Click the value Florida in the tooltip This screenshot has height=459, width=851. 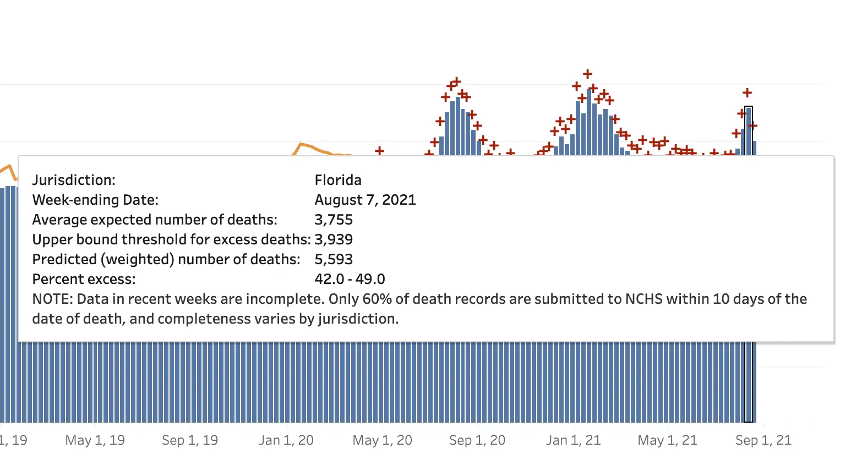338,180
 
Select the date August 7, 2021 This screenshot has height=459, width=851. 365,200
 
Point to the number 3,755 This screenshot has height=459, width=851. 334,220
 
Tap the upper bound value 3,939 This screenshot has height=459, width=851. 334,239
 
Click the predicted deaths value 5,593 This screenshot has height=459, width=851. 334,259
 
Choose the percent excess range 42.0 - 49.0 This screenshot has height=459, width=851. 350,279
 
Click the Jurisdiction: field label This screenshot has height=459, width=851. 74,180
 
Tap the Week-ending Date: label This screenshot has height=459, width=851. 95,200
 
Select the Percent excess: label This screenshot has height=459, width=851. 84,279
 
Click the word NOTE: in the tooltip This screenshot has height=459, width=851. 52,299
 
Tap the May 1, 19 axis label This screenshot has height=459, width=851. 95,440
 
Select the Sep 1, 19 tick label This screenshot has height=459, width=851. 190,440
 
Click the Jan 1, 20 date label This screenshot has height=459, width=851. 286,440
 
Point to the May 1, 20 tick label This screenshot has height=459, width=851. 382,440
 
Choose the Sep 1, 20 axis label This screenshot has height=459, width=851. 477,440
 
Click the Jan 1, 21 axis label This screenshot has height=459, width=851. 573,440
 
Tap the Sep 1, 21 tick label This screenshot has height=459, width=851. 763,440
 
